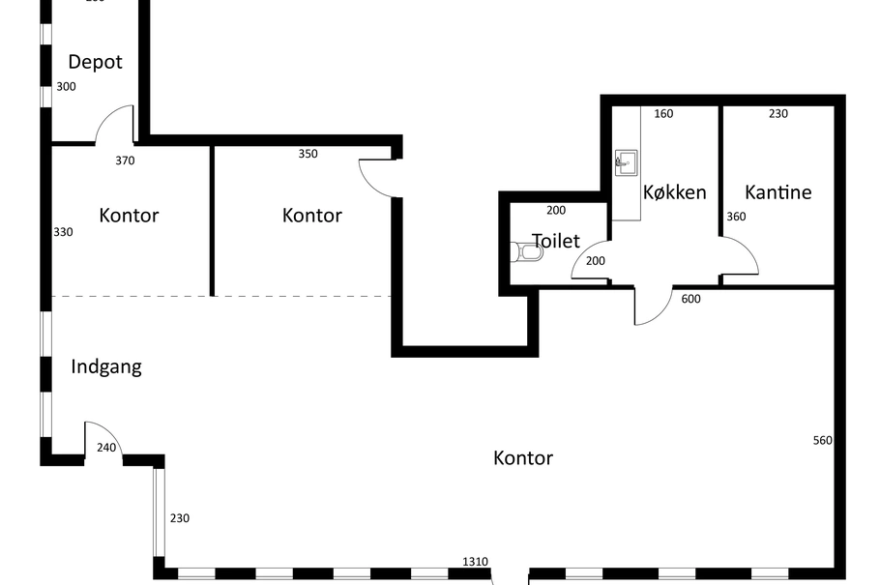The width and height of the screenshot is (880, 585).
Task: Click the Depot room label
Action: click(95, 62)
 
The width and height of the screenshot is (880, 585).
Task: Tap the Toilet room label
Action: click(556, 241)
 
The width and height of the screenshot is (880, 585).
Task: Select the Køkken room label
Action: click(674, 192)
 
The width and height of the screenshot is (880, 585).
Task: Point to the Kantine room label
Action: click(777, 192)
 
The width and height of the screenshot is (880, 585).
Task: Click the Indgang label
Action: click(106, 367)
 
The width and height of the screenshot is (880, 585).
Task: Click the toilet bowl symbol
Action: click(526, 252)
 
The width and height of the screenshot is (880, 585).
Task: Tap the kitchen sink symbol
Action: click(626, 162)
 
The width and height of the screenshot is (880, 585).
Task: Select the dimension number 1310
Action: click(475, 562)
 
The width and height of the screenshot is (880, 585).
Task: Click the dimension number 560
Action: click(822, 441)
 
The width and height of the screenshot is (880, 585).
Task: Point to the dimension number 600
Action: click(690, 299)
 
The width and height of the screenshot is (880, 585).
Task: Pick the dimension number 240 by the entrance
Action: click(106, 448)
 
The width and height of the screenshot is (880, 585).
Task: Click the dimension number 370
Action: click(125, 161)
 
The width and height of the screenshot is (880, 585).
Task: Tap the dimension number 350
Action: click(308, 154)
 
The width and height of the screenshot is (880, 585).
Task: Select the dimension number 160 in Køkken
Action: click(663, 114)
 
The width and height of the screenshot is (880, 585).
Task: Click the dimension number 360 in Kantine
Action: click(736, 217)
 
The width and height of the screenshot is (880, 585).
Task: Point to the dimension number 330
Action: click(63, 232)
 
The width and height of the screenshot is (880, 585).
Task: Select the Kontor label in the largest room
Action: click(523, 458)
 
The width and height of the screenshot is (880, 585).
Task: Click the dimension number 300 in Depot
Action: click(66, 87)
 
